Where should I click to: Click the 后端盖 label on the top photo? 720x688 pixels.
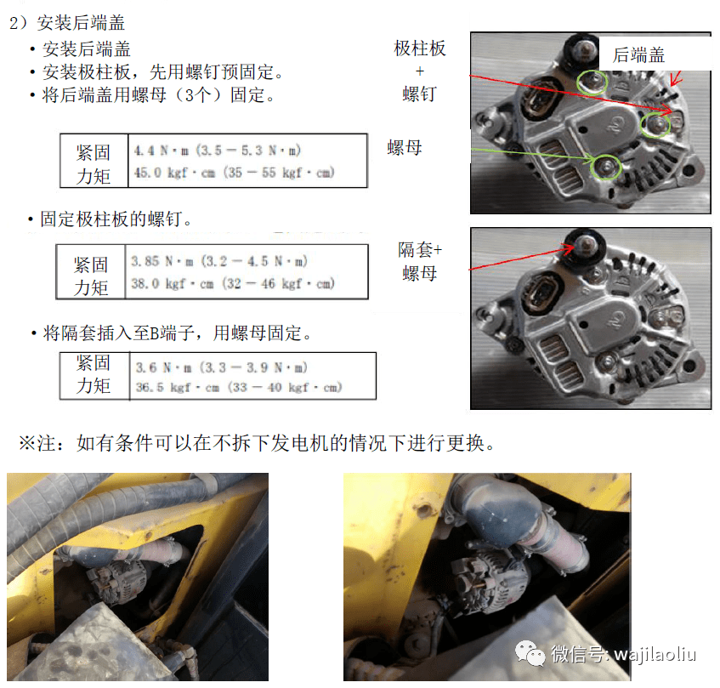point(638,55)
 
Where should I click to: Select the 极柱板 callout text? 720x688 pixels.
point(420,48)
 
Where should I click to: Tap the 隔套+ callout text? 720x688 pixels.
point(420,250)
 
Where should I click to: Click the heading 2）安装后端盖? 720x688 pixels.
point(67,22)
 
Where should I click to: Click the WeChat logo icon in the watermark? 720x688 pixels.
point(530,652)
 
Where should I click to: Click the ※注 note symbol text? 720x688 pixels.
point(37,443)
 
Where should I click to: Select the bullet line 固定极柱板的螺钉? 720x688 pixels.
point(111,219)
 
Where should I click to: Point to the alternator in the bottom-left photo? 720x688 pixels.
point(118,582)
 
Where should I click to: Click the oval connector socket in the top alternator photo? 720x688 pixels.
point(539,96)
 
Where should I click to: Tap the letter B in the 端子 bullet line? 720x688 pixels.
point(155,333)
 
